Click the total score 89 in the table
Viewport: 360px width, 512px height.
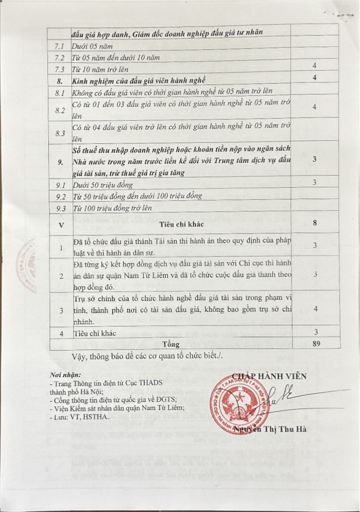click(315, 344)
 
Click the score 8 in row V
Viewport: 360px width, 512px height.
click(315, 223)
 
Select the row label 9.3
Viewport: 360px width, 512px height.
click(61, 207)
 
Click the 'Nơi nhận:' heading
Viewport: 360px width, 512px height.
click(65, 375)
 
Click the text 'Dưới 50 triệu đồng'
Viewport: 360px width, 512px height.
click(103, 185)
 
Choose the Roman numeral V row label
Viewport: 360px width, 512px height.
click(61, 225)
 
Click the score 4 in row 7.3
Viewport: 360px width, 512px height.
click(314, 66)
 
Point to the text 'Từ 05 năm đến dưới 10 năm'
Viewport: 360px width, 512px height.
click(116, 57)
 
